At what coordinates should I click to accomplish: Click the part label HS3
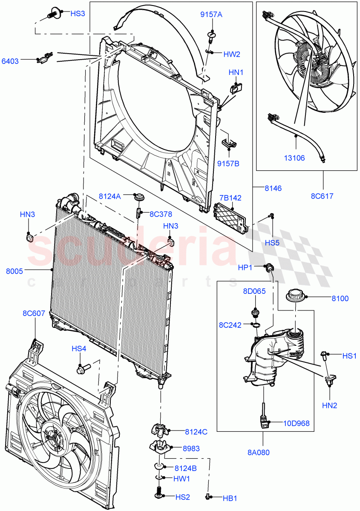click(x=78, y=14)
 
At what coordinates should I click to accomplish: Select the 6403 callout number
click(x=10, y=61)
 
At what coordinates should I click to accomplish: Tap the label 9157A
click(x=211, y=15)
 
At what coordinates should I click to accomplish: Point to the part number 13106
click(x=294, y=158)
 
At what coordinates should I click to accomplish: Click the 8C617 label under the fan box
click(x=322, y=196)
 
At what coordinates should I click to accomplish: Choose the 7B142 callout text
click(x=230, y=198)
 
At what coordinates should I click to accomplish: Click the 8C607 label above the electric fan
click(x=34, y=314)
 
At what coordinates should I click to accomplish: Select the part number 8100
click(x=340, y=299)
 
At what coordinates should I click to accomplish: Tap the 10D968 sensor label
click(x=297, y=423)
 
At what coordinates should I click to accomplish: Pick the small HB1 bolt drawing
click(x=208, y=497)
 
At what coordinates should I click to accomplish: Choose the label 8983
click(x=191, y=448)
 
